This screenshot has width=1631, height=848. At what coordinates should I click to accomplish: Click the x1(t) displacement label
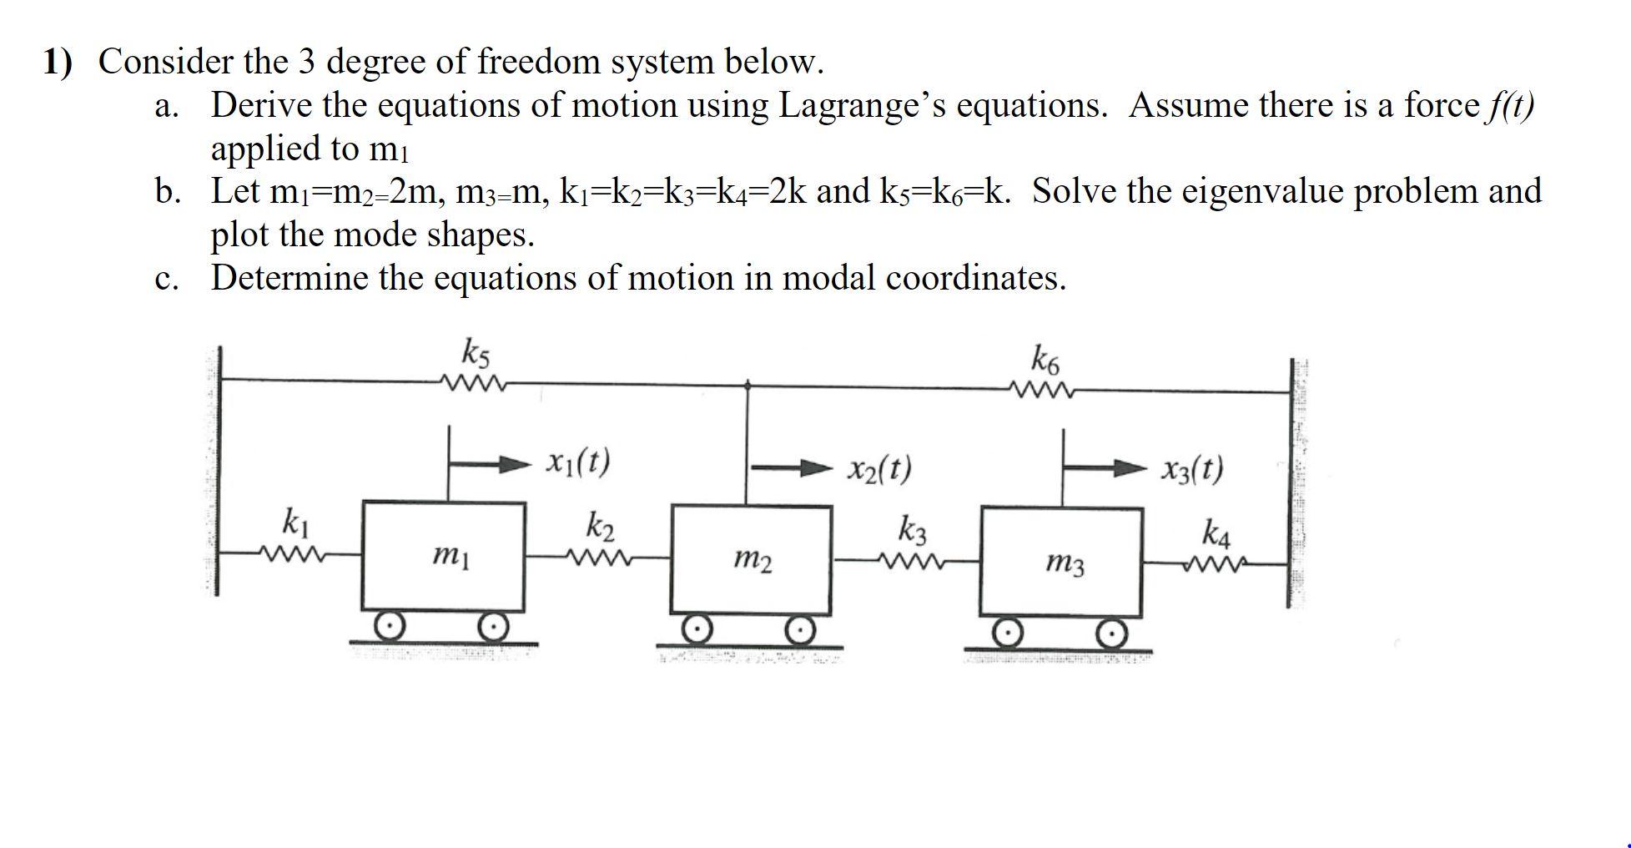pyautogui.click(x=578, y=461)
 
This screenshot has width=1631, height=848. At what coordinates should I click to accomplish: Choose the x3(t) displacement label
pyautogui.click(x=1192, y=469)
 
